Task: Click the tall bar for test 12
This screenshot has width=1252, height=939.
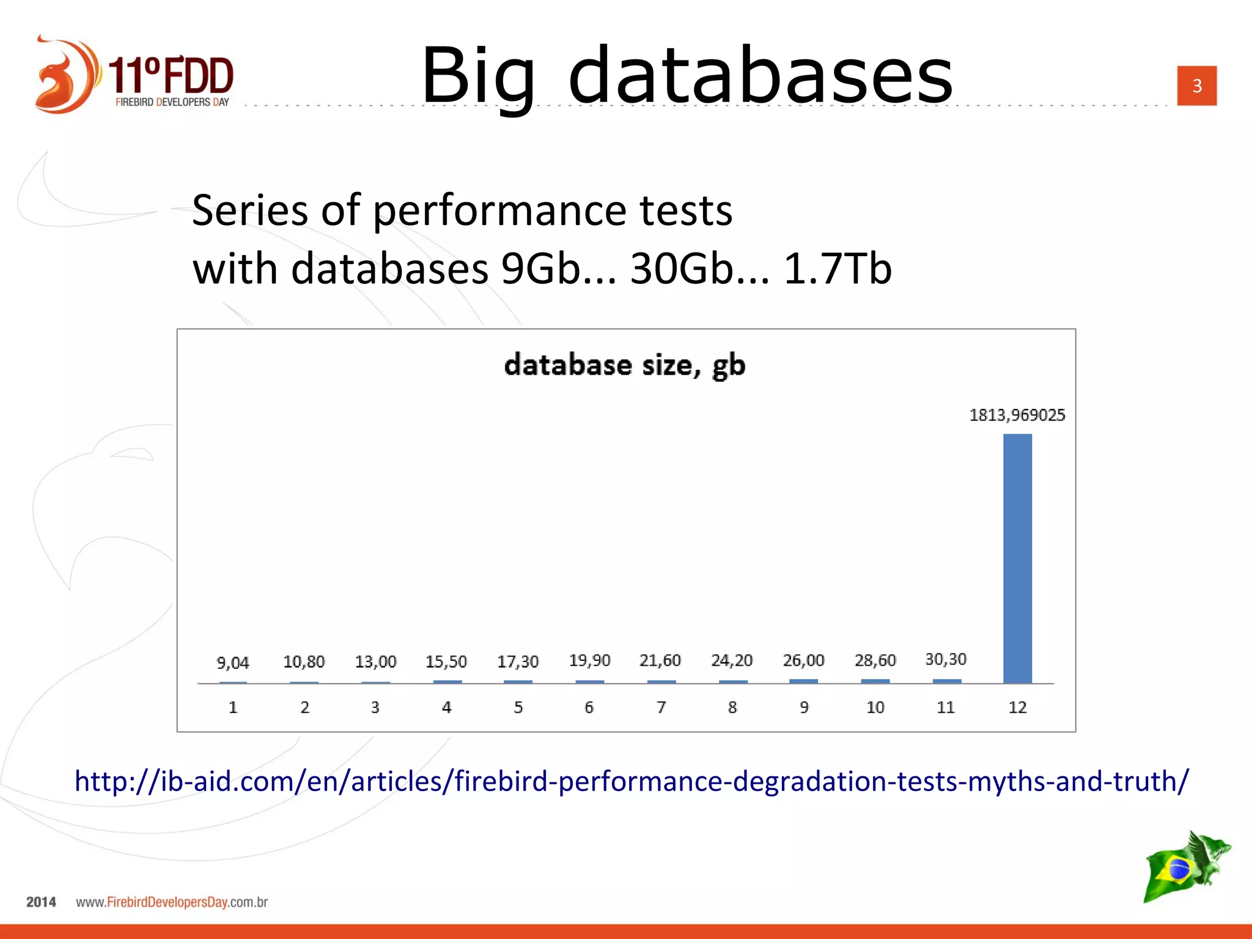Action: [x=1017, y=558]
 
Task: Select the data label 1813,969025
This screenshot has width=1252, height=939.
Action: [x=1017, y=415]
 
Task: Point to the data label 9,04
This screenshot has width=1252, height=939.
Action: [x=233, y=663]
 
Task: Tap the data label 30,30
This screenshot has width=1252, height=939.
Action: [x=946, y=659]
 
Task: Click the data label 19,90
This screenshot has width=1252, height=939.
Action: [x=589, y=660]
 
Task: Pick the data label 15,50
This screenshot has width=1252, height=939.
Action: [x=446, y=661]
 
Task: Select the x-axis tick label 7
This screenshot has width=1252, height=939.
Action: [x=661, y=707]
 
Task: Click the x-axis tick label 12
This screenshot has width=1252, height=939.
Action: [x=1017, y=707]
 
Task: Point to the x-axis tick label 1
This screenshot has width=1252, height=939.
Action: [x=233, y=707]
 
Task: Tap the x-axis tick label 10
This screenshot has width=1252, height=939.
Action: [x=875, y=707]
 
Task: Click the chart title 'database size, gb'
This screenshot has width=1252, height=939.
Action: [x=625, y=366]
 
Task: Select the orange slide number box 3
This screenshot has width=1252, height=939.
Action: [x=1197, y=86]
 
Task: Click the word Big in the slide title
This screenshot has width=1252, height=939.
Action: [x=478, y=76]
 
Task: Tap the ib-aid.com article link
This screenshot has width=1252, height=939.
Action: [x=632, y=781]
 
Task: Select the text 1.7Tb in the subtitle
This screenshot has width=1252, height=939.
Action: [x=838, y=268]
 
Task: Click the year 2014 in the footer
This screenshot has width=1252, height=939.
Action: [x=41, y=902]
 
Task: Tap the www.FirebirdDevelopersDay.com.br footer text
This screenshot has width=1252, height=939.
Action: [x=172, y=902]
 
